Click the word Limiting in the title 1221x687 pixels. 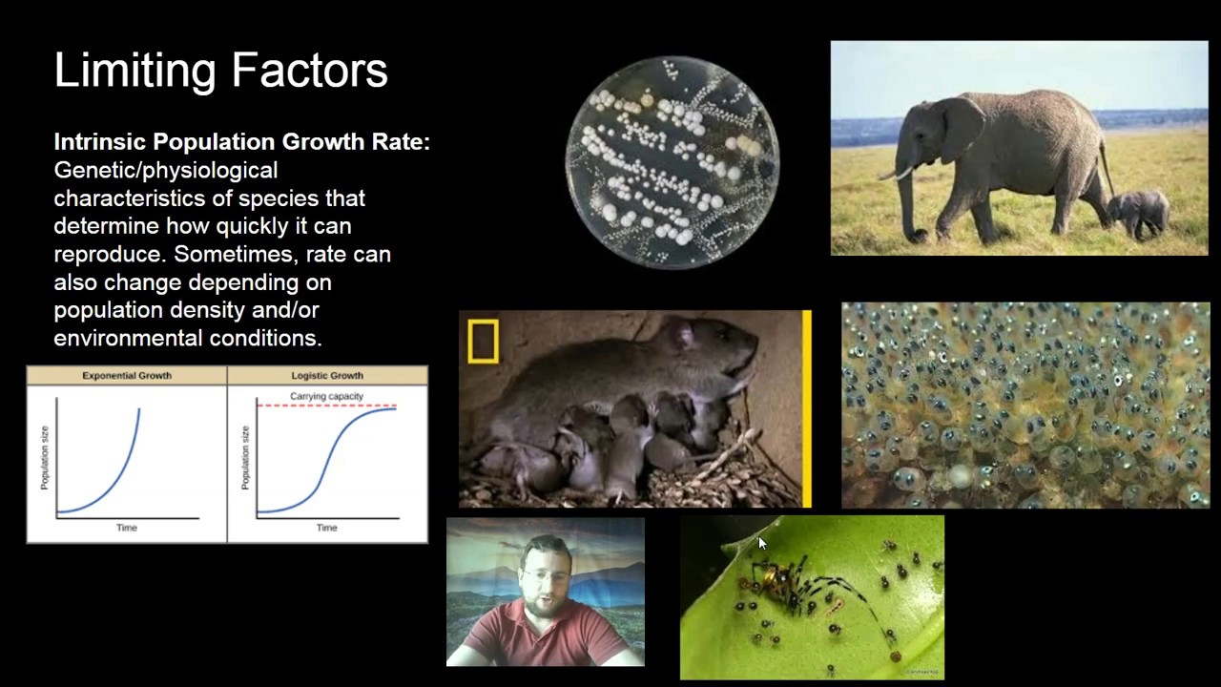(x=135, y=72)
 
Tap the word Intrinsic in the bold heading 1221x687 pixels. (x=100, y=142)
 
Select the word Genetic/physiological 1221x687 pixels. (x=165, y=170)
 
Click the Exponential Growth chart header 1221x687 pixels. (x=127, y=375)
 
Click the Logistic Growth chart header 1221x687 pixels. (x=327, y=375)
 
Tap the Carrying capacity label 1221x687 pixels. (x=326, y=396)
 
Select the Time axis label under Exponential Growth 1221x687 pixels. (x=127, y=528)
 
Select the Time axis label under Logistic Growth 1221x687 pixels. (x=327, y=528)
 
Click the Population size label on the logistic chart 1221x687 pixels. (x=245, y=458)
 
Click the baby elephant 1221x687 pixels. (x=1140, y=212)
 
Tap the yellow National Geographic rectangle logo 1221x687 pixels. (x=483, y=342)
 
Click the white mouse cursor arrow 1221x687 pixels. (x=762, y=544)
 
